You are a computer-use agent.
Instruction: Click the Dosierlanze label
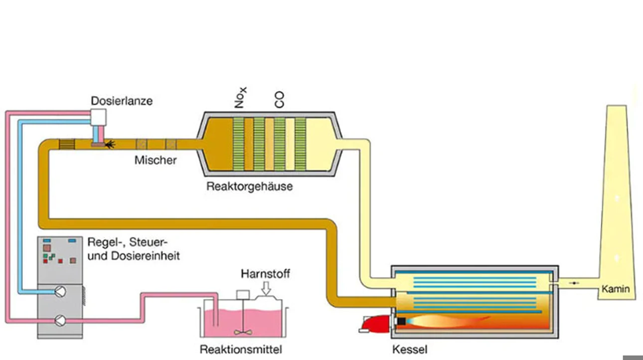(x=122, y=101)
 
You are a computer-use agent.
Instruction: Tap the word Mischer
(x=156, y=160)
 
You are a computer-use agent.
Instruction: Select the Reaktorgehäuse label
(x=249, y=186)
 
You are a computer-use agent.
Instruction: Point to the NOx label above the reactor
(x=240, y=98)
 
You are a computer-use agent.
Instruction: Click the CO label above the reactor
(x=279, y=100)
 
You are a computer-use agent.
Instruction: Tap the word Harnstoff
(x=265, y=274)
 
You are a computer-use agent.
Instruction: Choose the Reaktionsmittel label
(x=241, y=350)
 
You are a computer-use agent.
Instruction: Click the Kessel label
(x=410, y=350)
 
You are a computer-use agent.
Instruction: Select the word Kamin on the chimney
(x=616, y=289)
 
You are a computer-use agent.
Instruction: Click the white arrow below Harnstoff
(x=266, y=288)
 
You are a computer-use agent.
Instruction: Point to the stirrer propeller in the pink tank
(x=243, y=333)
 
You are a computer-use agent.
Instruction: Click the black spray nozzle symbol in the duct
(x=110, y=145)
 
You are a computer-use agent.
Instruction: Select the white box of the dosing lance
(x=98, y=117)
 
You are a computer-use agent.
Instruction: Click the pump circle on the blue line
(x=60, y=292)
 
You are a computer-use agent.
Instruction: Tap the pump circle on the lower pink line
(x=60, y=321)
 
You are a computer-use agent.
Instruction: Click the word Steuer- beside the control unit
(x=149, y=242)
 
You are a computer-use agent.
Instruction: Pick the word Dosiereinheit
(x=145, y=256)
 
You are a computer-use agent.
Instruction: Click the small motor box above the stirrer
(x=243, y=295)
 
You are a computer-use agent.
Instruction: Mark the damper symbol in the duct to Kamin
(x=574, y=283)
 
